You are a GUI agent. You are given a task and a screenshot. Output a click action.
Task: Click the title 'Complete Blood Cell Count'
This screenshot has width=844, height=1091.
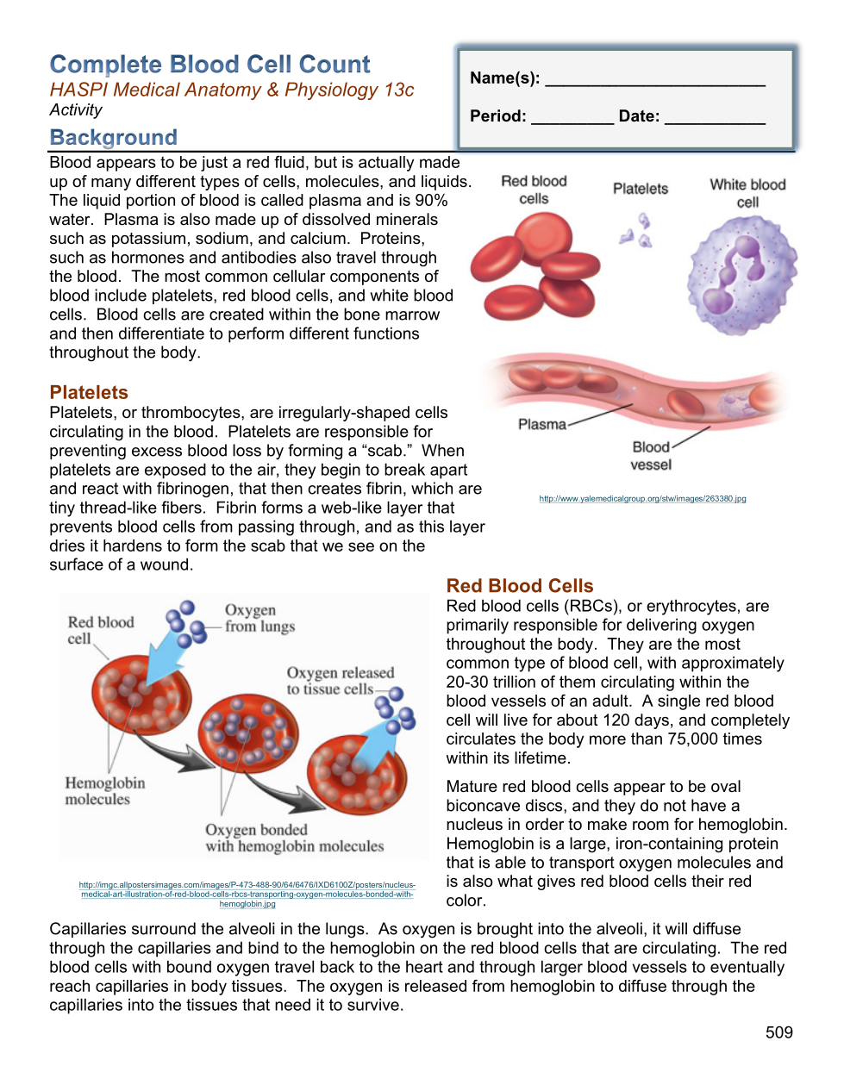[x=209, y=65]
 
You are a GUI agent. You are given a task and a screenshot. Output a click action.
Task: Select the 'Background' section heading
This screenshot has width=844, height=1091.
[x=113, y=137]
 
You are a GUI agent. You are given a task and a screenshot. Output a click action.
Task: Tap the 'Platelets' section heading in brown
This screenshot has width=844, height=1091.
[x=89, y=392]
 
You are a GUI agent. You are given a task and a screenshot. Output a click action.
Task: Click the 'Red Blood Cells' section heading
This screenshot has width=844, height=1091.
[x=520, y=586]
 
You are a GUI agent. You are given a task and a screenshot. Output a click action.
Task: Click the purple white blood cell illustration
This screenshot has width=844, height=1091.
[x=742, y=274]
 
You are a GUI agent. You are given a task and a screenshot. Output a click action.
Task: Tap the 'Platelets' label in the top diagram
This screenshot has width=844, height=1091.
[x=641, y=189]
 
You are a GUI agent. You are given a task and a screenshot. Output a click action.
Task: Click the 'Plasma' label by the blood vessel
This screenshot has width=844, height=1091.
[x=542, y=424]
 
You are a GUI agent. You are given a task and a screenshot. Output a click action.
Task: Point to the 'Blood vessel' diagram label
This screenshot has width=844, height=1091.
[x=651, y=456]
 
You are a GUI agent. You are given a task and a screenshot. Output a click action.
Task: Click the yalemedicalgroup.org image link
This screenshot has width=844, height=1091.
[x=642, y=498]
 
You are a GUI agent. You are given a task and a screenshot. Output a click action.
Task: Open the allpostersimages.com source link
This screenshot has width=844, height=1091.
[x=247, y=895]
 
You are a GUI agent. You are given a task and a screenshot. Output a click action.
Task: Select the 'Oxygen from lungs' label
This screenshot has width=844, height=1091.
[x=259, y=618]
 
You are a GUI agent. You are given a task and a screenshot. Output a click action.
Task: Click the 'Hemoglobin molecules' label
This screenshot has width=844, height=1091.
[x=105, y=791]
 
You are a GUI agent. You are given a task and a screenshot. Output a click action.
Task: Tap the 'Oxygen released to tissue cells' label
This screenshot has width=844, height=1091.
[x=340, y=681]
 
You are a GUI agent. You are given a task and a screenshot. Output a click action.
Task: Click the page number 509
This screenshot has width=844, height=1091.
[x=778, y=1032]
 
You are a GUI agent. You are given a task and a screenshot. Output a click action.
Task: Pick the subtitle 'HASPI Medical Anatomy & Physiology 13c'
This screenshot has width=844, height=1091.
[x=232, y=90]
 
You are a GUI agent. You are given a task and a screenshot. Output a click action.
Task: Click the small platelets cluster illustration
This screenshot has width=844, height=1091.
[x=638, y=231]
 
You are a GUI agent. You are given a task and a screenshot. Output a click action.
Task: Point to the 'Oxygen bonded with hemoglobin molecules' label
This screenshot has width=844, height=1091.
[x=294, y=838]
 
